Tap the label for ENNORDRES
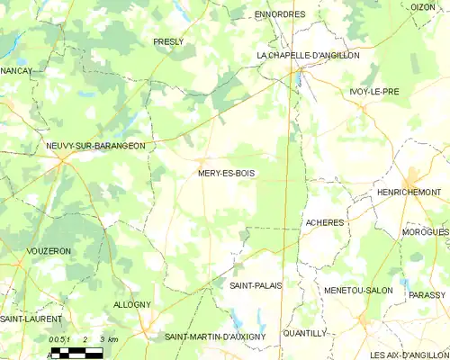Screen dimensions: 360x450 pyautogui.click(x=280, y=14)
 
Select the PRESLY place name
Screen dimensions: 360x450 pyautogui.click(x=168, y=41)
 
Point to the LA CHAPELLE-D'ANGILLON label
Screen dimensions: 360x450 pyautogui.click(x=308, y=55)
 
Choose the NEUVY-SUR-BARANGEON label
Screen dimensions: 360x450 pyautogui.click(x=95, y=145)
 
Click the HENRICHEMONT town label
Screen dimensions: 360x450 pyautogui.click(x=409, y=193)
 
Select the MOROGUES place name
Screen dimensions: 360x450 pyautogui.click(x=426, y=232)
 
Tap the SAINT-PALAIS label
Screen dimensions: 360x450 pyautogui.click(x=256, y=284)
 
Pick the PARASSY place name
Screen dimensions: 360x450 pyautogui.click(x=427, y=294)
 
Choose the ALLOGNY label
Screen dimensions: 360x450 pyautogui.click(x=132, y=305)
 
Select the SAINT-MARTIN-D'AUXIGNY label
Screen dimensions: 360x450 pyautogui.click(x=215, y=337)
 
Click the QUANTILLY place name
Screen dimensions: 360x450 pyautogui.click(x=304, y=332)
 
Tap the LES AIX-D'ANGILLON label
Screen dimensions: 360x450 pyautogui.click(x=409, y=355)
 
